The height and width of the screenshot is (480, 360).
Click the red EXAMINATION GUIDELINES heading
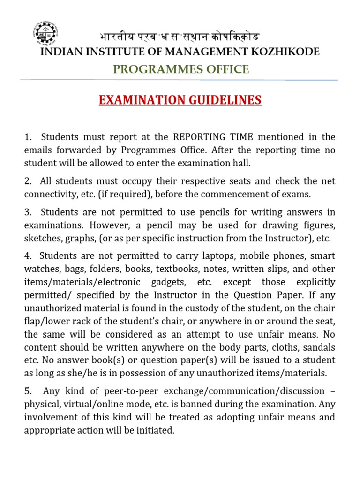(x=180, y=100)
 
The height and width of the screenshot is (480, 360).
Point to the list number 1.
(x=28, y=137)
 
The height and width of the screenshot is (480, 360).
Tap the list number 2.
(x=28, y=181)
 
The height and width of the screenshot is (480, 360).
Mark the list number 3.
(x=28, y=212)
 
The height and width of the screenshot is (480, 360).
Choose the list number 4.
(x=28, y=256)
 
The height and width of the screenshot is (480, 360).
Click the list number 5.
(x=28, y=391)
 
